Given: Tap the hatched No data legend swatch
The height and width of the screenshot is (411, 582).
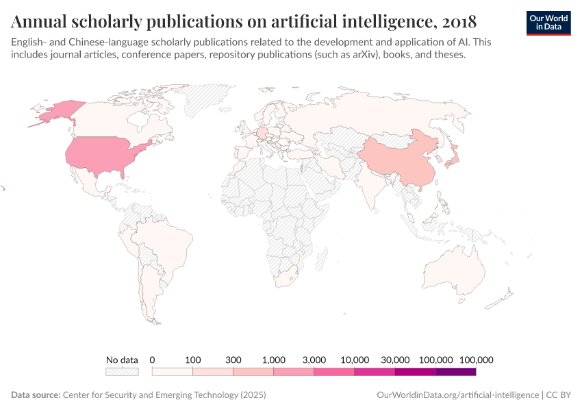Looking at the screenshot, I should point(122,372).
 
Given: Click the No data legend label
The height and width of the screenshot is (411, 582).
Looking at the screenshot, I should point(122,360).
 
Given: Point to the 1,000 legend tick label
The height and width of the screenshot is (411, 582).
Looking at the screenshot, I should point(274,360).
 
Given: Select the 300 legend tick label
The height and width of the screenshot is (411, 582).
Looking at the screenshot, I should point(233,360).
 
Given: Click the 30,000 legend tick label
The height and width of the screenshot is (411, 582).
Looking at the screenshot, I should point(395,360).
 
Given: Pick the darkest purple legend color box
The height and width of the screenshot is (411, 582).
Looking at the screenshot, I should point(456,372).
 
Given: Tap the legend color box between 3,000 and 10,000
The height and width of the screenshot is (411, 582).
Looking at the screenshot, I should point(334,372).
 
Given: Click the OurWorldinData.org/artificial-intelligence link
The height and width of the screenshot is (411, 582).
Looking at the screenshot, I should point(457,395).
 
